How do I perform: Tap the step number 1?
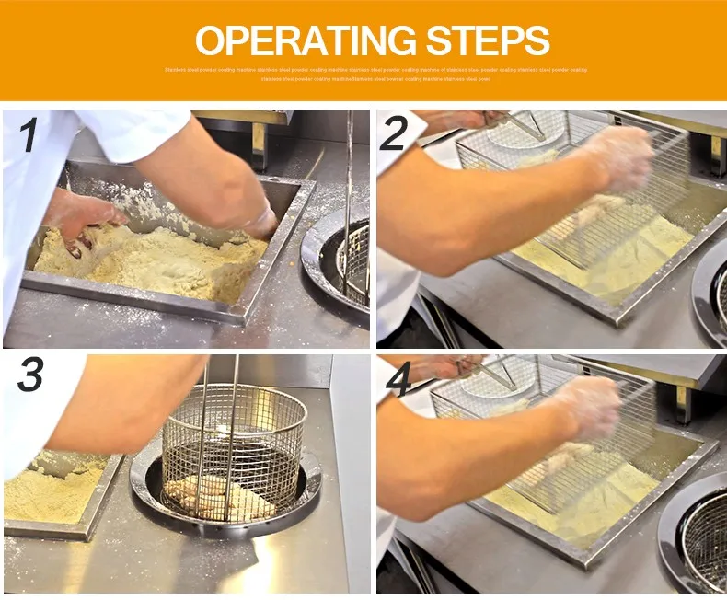click(29, 135)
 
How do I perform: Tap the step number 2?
click(394, 135)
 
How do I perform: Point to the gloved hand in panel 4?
click(589, 405)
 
